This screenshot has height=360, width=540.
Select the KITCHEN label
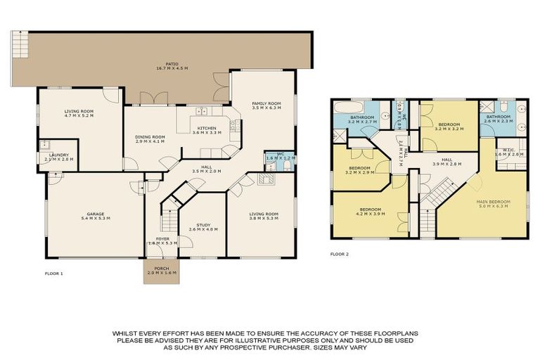click(207, 127)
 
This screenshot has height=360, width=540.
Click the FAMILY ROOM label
click(266, 103)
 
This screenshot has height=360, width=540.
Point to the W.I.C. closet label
click(508, 149)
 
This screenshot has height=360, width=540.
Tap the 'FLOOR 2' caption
click(340, 253)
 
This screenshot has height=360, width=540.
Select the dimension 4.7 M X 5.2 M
click(79, 115)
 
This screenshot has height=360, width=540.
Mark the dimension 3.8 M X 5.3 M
click(264, 219)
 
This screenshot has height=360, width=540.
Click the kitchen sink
click(200, 110)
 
